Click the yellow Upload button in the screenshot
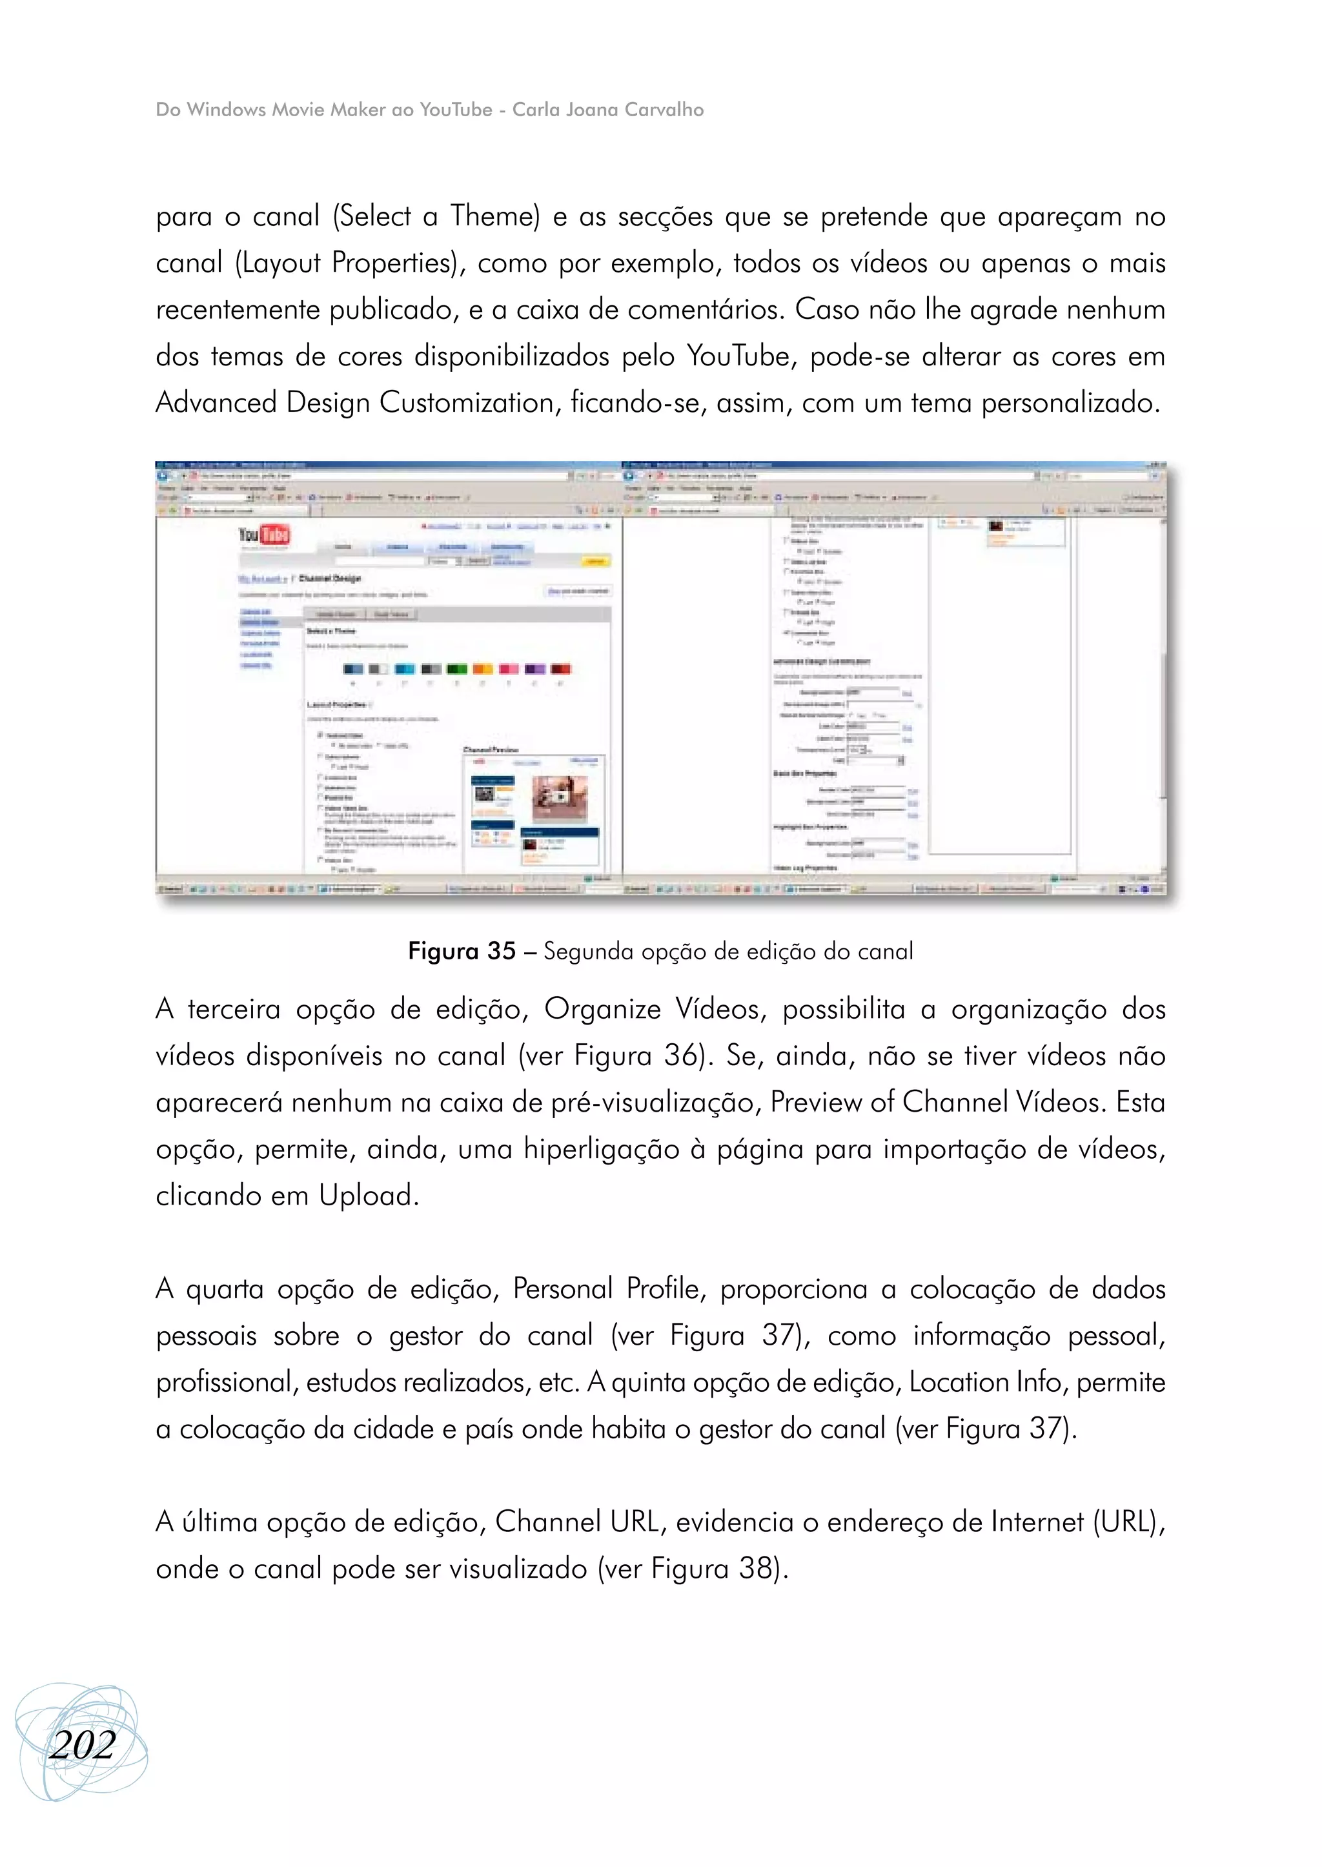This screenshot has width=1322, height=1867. click(x=596, y=561)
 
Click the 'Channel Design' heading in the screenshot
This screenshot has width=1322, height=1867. click(x=330, y=578)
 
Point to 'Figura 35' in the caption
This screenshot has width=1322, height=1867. click(x=462, y=951)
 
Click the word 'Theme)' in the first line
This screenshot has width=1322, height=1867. click(x=495, y=216)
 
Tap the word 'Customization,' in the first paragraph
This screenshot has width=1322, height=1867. click(x=470, y=403)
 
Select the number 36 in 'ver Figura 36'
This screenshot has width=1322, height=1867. click(x=680, y=1056)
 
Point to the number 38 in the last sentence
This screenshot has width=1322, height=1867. click(x=754, y=1569)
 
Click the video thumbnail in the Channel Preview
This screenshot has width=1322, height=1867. click(x=558, y=798)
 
